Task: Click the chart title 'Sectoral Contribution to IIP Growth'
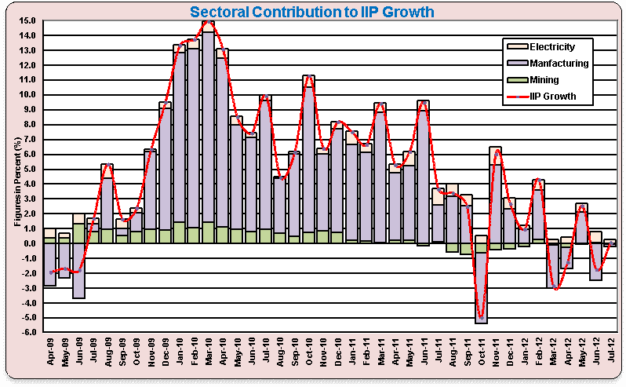(x=312, y=12)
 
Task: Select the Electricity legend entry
(x=552, y=47)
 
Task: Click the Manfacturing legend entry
(x=559, y=64)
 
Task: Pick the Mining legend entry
(x=544, y=80)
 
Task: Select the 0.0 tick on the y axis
(x=27, y=243)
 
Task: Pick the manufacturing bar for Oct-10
(x=308, y=157)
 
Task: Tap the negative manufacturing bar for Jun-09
(x=78, y=271)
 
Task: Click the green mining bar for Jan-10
(x=179, y=233)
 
